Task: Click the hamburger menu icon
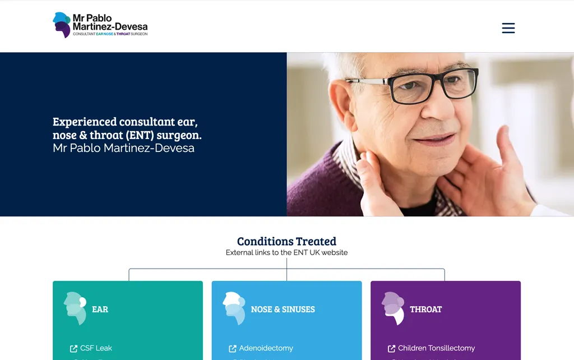coord(508,28)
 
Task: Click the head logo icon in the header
coord(62,25)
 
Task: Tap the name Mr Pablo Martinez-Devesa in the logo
coord(110,22)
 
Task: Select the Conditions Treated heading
coord(286,241)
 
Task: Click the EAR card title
coord(100,309)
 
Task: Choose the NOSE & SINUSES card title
coord(283,309)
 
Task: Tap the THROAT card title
coord(425,309)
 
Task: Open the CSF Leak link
coord(96,348)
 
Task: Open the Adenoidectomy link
coord(266,348)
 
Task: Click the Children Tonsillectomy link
coord(436,348)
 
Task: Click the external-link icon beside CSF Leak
coord(73,349)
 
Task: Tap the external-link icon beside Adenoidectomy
coord(233,349)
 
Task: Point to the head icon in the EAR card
coord(75,308)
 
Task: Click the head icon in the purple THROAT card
coord(393,308)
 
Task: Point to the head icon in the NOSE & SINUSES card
coord(234,308)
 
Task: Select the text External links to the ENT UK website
coord(286,253)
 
